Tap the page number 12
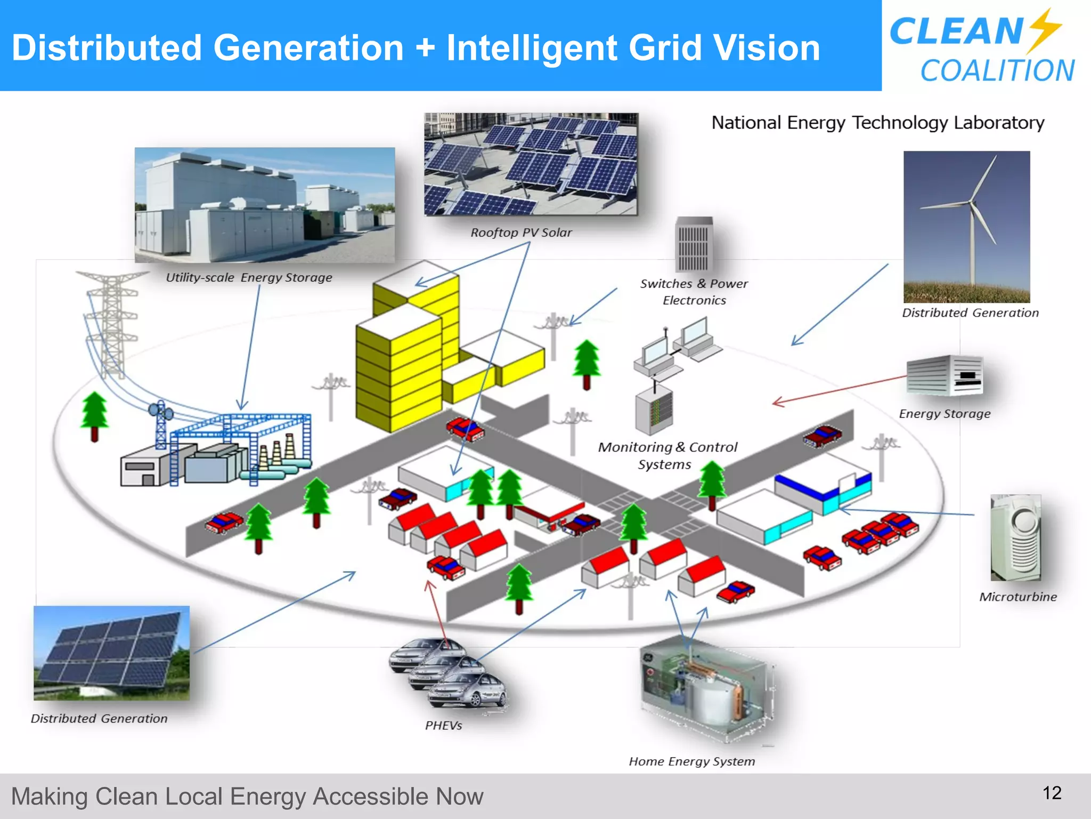[x=1052, y=793]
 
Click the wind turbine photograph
[x=966, y=227]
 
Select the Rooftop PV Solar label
[x=520, y=232]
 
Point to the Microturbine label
[x=1017, y=597]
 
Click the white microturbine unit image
[x=1015, y=537]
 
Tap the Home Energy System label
[x=691, y=761]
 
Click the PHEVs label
[x=443, y=725]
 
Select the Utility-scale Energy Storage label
[x=249, y=277]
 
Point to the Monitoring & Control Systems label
[x=667, y=455]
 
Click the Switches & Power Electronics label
[x=694, y=292]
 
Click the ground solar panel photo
[x=111, y=653]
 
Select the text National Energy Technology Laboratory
[x=877, y=123]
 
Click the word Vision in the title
[x=767, y=48]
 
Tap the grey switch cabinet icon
[x=694, y=245]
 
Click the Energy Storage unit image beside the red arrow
[x=945, y=375]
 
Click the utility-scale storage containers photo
[x=265, y=205]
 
